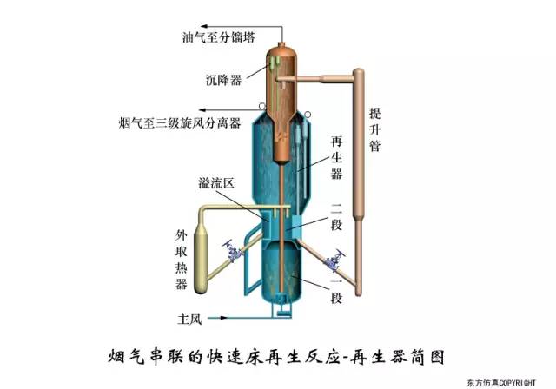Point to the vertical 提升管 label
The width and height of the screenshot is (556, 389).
(374, 129)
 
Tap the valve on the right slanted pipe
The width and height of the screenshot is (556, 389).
(331, 259)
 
